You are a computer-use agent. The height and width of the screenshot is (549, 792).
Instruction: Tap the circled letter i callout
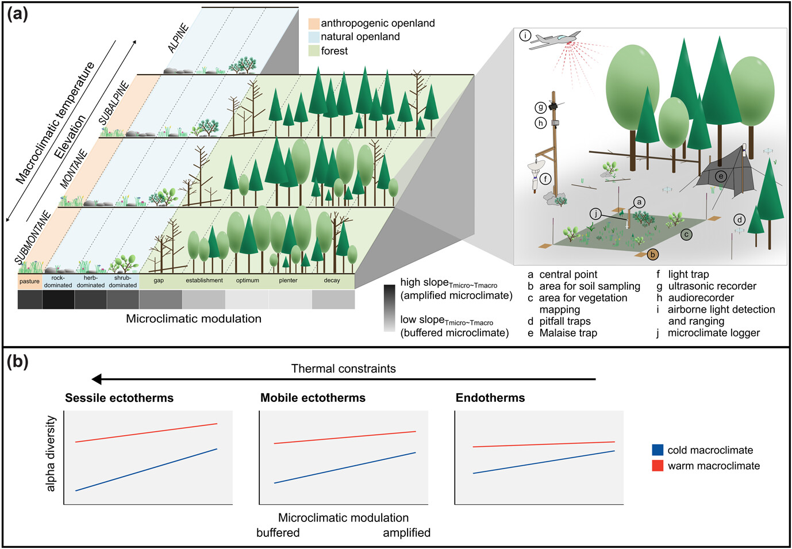pyautogui.click(x=525, y=36)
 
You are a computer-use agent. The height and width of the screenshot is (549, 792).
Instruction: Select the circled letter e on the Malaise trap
pyautogui.click(x=720, y=176)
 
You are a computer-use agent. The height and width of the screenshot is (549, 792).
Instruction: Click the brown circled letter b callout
pyautogui.click(x=652, y=254)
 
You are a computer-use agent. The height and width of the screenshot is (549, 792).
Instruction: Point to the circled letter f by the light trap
pyautogui.click(x=545, y=179)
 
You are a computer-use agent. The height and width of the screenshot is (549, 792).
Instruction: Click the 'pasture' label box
pyautogui.click(x=29, y=281)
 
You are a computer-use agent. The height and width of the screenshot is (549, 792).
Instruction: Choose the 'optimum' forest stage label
pyautogui.click(x=247, y=281)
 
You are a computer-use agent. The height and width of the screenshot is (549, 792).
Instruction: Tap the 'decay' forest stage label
pyautogui.click(x=332, y=281)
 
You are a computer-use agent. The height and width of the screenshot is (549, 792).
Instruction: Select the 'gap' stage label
pyautogui.click(x=159, y=281)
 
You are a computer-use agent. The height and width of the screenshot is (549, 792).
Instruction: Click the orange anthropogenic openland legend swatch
pyautogui.click(x=314, y=24)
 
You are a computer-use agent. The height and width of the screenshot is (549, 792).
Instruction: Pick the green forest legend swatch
pyautogui.click(x=314, y=51)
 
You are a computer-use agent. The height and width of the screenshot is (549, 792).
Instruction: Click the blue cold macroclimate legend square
pyautogui.click(x=658, y=450)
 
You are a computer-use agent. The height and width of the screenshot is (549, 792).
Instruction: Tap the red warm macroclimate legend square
pyautogui.click(x=658, y=466)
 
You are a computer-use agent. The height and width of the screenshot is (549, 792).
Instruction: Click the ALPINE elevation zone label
pyautogui.click(x=178, y=39)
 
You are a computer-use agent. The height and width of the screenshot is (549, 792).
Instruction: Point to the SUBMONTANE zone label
pyautogui.click(x=33, y=237)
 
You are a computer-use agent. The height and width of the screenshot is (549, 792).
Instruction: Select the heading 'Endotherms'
pyautogui.click(x=490, y=398)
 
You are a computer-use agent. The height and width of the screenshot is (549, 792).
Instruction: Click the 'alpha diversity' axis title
pyautogui.click(x=51, y=454)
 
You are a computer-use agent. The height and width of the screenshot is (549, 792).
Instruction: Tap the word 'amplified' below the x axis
pyautogui.click(x=406, y=533)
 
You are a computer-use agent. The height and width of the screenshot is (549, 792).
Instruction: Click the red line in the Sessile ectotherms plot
pyautogui.click(x=147, y=432)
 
